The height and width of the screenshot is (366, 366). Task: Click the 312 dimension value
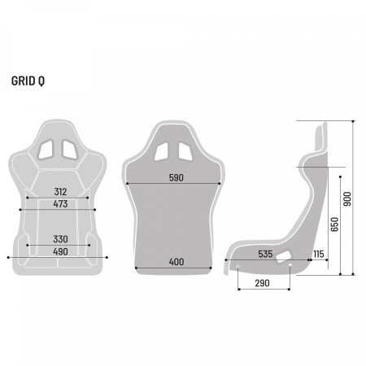pos(61,192)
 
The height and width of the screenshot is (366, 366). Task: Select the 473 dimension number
pos(61,205)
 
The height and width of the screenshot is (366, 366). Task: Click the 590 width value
pos(177,177)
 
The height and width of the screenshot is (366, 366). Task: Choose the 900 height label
pos(348,198)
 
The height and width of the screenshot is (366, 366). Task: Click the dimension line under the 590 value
pos(177,184)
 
